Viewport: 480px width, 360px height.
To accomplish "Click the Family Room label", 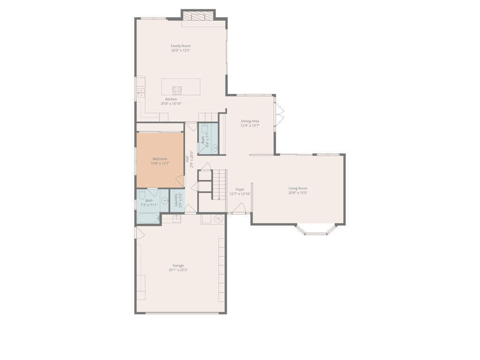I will tap(180, 46).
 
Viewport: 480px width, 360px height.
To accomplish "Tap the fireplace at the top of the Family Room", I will tap(198, 16).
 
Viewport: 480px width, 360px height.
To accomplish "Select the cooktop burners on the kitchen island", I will tap(177, 90).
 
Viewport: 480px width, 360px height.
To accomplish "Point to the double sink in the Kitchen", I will tap(141, 93).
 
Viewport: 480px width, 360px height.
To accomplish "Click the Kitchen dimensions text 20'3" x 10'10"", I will tap(171, 104).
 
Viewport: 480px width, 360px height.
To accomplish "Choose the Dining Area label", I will tap(250, 121).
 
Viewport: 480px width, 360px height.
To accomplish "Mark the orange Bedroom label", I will tap(160, 159).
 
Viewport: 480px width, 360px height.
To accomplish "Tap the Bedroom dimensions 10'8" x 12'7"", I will tap(160, 164).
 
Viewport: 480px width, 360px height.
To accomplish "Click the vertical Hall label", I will tap(187, 159).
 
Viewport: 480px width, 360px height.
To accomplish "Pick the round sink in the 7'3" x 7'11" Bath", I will tap(165, 201).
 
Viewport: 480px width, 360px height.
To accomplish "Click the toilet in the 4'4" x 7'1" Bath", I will tap(205, 128).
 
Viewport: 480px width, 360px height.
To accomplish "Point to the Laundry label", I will tap(176, 201).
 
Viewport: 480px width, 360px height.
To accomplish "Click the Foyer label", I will tap(240, 189).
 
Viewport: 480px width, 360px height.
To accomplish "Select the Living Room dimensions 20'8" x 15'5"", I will tap(298, 193).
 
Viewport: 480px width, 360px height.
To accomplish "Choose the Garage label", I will tap(178, 265).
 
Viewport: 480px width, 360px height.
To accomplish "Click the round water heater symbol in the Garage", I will tap(218, 219).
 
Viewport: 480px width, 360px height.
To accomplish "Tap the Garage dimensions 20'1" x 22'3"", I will tap(178, 270).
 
